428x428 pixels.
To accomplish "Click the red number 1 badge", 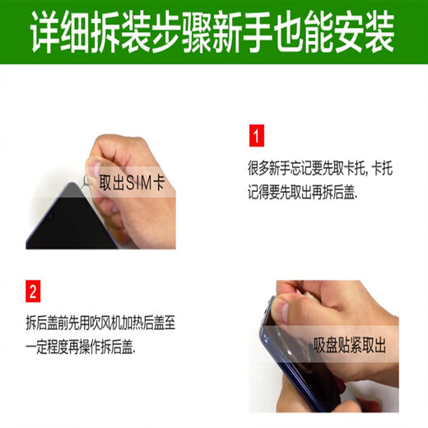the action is [257, 136].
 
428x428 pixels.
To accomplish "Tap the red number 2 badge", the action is [33, 291].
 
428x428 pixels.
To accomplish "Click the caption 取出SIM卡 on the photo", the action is [132, 183].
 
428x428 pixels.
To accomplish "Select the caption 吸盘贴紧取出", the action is [350, 345].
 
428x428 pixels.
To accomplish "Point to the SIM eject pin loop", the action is [86, 179].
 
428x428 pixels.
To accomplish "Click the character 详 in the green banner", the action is [44, 32].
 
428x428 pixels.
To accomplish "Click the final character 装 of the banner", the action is [379, 32].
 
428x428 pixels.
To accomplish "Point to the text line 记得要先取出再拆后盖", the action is [303, 192].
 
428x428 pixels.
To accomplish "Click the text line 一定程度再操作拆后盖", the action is [81, 348].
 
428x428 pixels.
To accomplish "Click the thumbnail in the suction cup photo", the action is [281, 311].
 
